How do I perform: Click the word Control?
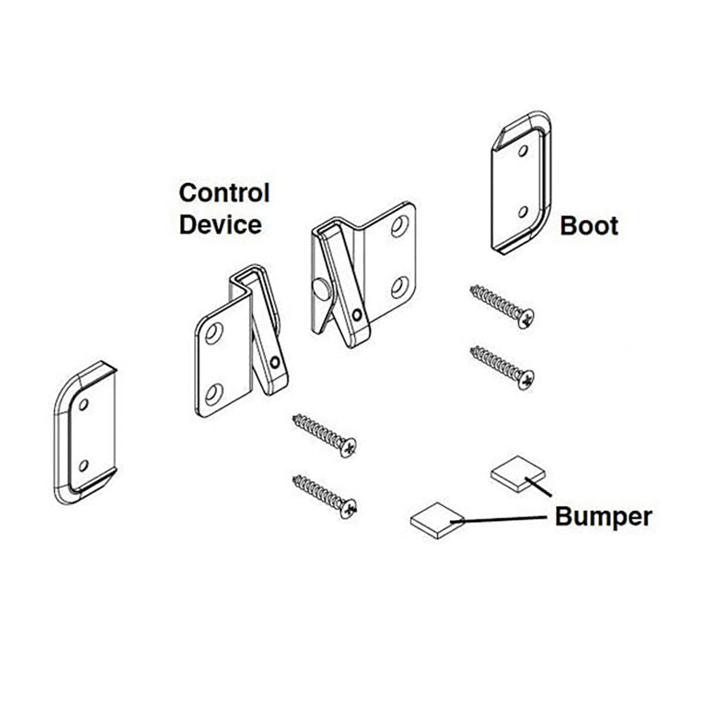pyautogui.click(x=224, y=193)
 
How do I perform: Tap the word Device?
pyautogui.click(x=220, y=225)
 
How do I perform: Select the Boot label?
pyautogui.click(x=589, y=226)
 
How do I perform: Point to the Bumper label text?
pyautogui.click(x=603, y=517)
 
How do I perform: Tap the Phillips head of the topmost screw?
pyautogui.click(x=524, y=318)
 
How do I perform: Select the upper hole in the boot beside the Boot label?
pyautogui.click(x=522, y=150)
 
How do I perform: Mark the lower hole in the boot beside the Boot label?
pyautogui.click(x=522, y=212)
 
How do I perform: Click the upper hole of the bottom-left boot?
pyautogui.click(x=84, y=405)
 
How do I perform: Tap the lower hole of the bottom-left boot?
pyautogui.click(x=84, y=465)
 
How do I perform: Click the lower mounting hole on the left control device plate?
pyautogui.click(x=214, y=393)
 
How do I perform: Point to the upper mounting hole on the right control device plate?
pyautogui.click(x=399, y=225)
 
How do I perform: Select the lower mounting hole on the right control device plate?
pyautogui.click(x=399, y=287)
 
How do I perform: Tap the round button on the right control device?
pyautogui.click(x=321, y=289)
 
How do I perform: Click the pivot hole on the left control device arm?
pyautogui.click(x=274, y=363)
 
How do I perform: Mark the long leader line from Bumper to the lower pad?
pyautogui.click(x=503, y=519)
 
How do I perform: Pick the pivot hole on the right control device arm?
pyautogui.click(x=357, y=314)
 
